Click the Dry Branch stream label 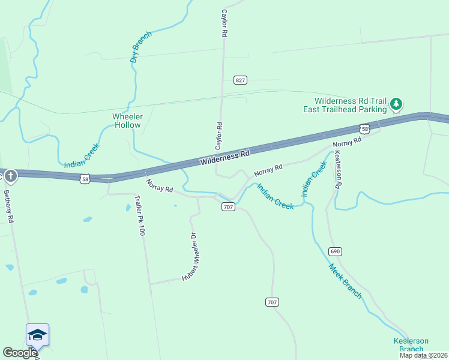(x=142, y=47)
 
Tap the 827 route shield (x=240, y=80)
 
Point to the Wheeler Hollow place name (x=127, y=121)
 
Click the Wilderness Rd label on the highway (x=224, y=158)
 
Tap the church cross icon (x=11, y=176)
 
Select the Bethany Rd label (x=8, y=206)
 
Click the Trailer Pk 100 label (x=139, y=215)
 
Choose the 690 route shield (x=335, y=251)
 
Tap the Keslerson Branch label (x=411, y=344)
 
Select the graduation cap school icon (x=37, y=334)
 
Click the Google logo (x=19, y=353)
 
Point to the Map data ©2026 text (x=423, y=355)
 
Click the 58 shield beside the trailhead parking (x=364, y=128)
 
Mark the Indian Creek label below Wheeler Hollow (x=82, y=155)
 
